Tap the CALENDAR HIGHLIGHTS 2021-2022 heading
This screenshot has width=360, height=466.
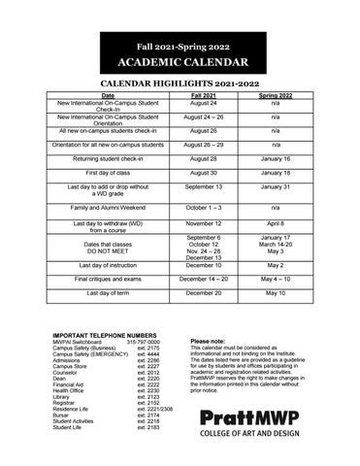coord(180,85)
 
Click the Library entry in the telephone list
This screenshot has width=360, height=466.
coord(61,397)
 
